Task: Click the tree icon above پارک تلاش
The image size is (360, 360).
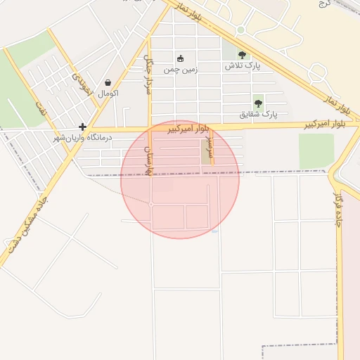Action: (x=242, y=55)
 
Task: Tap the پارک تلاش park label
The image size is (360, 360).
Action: (x=243, y=66)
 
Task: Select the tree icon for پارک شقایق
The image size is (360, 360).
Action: (x=258, y=103)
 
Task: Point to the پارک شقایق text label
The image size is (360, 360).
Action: (x=258, y=114)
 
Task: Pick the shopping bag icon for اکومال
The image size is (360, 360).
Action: (x=108, y=82)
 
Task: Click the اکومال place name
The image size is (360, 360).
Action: (x=108, y=93)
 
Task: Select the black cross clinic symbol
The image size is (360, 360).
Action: (x=83, y=127)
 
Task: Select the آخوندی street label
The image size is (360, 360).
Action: (x=82, y=87)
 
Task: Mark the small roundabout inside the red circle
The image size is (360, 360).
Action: (x=151, y=205)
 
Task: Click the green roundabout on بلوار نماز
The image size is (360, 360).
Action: (x=240, y=30)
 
